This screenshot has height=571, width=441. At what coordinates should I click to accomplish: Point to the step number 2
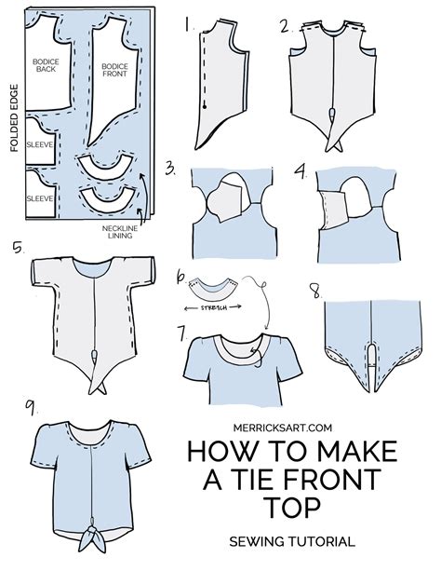[286, 25]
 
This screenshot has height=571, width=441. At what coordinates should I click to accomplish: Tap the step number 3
[170, 169]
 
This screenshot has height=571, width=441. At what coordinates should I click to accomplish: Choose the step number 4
[300, 170]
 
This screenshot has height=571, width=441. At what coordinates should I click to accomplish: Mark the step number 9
[33, 406]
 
